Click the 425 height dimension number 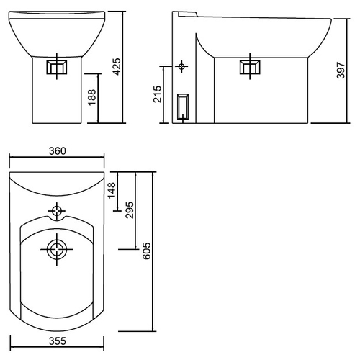coord(117,67)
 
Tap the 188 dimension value coord(92,97)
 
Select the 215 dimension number coord(158,94)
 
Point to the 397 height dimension coord(341,70)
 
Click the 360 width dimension coord(57,151)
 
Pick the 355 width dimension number coord(57,341)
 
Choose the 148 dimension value coord(112,190)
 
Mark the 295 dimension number coord(130,210)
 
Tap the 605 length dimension coord(147,251)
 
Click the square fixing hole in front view coord(57,67)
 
